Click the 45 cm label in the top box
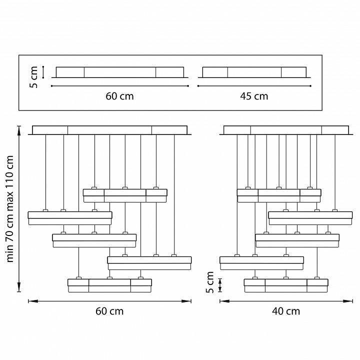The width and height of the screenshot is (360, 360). point(254,96)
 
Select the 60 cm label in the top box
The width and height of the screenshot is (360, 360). point(119,96)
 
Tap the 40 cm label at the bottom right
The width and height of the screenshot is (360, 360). point(286,311)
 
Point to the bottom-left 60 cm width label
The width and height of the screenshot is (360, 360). point(109,311)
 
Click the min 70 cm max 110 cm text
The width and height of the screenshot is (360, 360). point(10,208)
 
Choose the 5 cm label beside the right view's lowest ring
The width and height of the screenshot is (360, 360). point(210,283)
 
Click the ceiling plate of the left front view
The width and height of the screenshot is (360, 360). point(110,130)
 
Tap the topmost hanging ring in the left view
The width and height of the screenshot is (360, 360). point(125,195)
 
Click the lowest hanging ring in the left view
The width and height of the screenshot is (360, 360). point(109,285)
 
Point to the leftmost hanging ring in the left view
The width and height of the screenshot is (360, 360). point(70,218)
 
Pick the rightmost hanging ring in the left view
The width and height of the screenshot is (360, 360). point(149,262)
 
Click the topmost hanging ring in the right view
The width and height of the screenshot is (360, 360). point(279,195)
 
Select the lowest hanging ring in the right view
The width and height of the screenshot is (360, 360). point(286,285)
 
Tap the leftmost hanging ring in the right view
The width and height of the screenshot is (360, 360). point(261,262)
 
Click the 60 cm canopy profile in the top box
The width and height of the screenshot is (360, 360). point(119,72)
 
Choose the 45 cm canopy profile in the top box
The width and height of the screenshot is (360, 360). point(254,72)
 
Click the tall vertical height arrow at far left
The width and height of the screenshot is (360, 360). point(19,208)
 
